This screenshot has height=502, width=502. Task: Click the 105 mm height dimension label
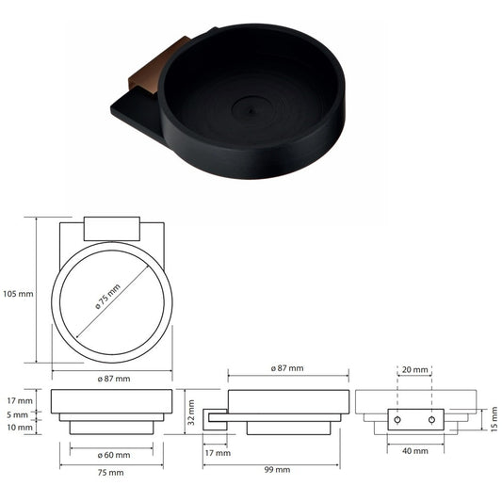point(18,294)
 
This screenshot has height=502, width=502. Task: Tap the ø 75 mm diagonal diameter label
point(108,297)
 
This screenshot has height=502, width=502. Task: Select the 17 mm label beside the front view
point(20,400)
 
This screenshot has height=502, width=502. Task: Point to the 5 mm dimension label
point(17,415)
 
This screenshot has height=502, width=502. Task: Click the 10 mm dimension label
point(20,427)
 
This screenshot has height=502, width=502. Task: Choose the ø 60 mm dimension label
point(114,455)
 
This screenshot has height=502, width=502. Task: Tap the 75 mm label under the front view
point(111,472)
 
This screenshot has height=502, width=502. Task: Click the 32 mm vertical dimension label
point(191,413)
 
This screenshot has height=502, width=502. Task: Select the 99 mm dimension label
point(277,470)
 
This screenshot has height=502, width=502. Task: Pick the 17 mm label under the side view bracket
point(218,453)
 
